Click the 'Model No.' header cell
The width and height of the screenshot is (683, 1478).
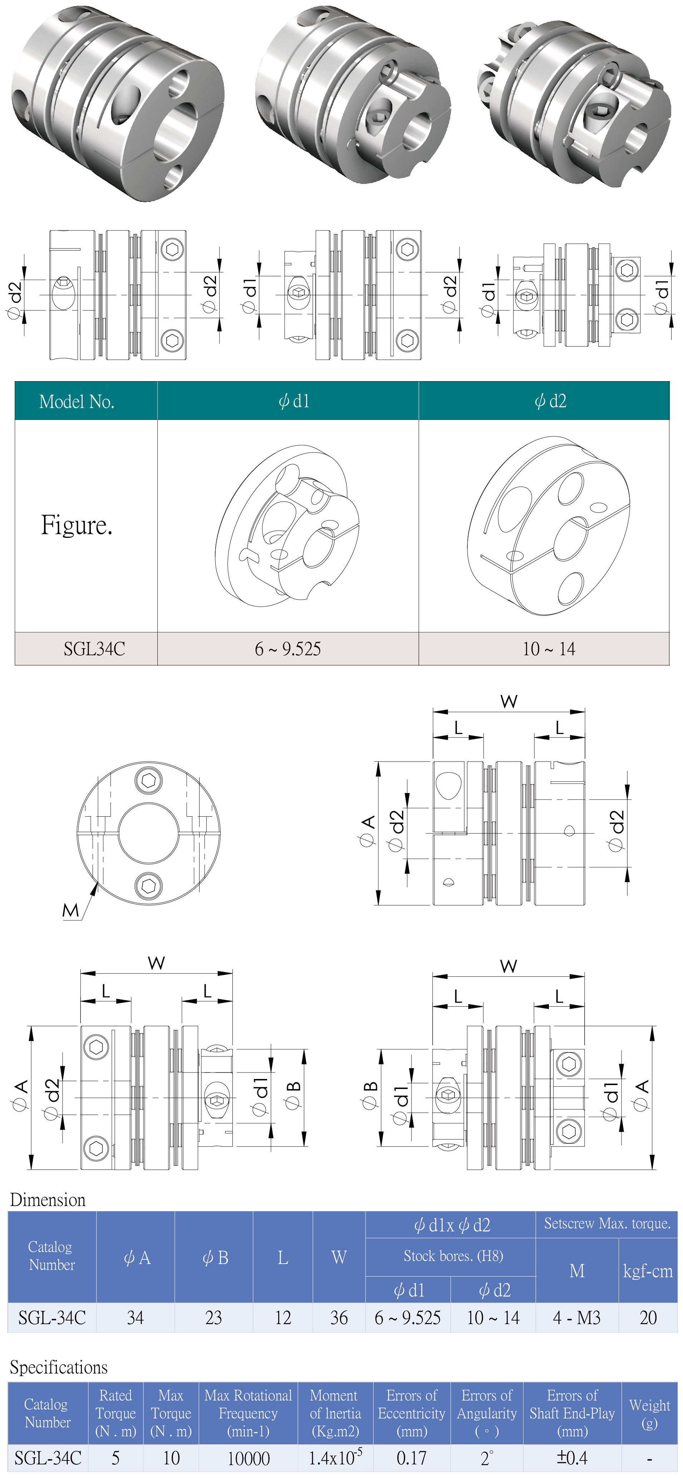click(x=77, y=401)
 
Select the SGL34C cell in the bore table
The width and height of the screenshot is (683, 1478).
click(x=94, y=649)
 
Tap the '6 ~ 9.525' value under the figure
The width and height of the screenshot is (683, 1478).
click(x=288, y=649)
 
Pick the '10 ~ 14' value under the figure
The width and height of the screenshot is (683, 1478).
click(x=549, y=649)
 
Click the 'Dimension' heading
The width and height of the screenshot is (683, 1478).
click(x=48, y=1200)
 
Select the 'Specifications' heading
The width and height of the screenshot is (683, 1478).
click(x=59, y=1367)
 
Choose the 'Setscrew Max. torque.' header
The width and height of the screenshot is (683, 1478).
click(x=607, y=1224)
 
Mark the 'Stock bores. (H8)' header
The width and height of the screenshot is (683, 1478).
click(x=453, y=1256)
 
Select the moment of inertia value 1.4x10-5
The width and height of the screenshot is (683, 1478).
click(x=335, y=1457)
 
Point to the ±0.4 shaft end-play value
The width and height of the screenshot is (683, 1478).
click(x=572, y=1457)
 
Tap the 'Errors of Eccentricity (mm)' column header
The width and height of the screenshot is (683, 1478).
click(x=411, y=1413)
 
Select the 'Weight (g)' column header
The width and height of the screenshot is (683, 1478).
click(x=649, y=1413)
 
